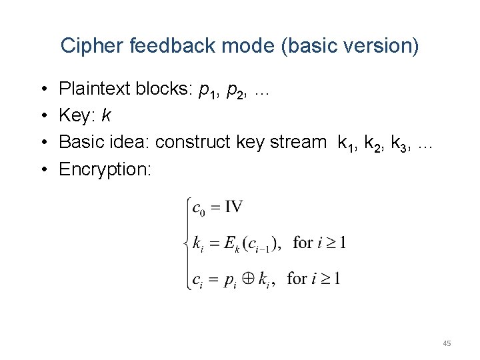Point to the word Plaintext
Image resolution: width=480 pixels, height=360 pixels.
tap(95, 89)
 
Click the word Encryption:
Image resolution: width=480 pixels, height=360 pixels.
tap(105, 169)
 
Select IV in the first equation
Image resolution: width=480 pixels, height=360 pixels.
tap(234, 207)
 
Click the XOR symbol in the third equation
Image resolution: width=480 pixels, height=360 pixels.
tap(249, 279)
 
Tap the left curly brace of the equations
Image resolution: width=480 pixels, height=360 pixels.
tap(186, 243)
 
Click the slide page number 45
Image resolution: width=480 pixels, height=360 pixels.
tap(447, 343)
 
